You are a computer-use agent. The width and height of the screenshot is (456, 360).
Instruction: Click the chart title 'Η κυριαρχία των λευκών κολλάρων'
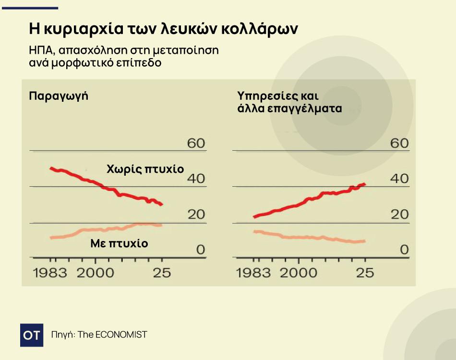163,29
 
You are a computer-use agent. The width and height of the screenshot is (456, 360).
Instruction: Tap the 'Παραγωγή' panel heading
59,96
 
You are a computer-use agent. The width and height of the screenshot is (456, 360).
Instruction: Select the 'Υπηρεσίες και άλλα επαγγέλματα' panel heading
289,101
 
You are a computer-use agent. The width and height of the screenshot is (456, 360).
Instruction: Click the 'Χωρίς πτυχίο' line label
145,169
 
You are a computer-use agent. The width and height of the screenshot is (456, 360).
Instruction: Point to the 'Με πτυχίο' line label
119,243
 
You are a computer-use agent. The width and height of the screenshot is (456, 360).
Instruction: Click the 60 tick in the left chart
196,143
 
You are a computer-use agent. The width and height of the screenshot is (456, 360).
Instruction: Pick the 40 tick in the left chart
196,179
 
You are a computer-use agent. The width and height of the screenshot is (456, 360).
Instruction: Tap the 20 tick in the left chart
196,214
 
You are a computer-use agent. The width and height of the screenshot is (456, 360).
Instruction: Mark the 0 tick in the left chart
200,250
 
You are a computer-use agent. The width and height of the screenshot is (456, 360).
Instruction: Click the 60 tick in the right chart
399,143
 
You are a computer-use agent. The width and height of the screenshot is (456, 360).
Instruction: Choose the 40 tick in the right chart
399,179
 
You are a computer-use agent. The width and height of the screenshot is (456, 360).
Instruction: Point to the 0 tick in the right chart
404,250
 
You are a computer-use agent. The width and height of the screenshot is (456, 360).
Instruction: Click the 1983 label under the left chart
50,273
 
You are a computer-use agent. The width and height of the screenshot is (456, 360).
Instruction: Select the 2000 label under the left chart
96,273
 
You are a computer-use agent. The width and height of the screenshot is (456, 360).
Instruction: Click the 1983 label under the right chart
253,273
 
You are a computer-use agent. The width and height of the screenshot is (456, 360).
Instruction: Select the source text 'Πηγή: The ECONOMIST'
99,335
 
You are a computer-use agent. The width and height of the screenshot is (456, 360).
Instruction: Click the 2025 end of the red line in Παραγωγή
162,204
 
